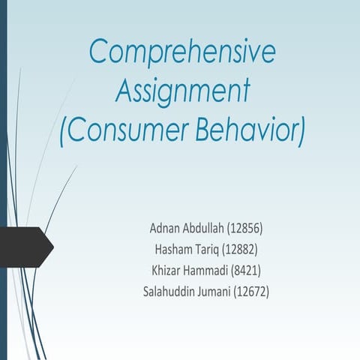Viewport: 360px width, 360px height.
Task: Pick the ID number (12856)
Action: pos(255,227)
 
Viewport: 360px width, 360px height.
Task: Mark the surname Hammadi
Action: pos(211,269)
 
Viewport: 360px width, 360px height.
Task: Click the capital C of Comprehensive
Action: pos(99,52)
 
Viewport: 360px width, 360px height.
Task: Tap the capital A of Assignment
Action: pos(124,91)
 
